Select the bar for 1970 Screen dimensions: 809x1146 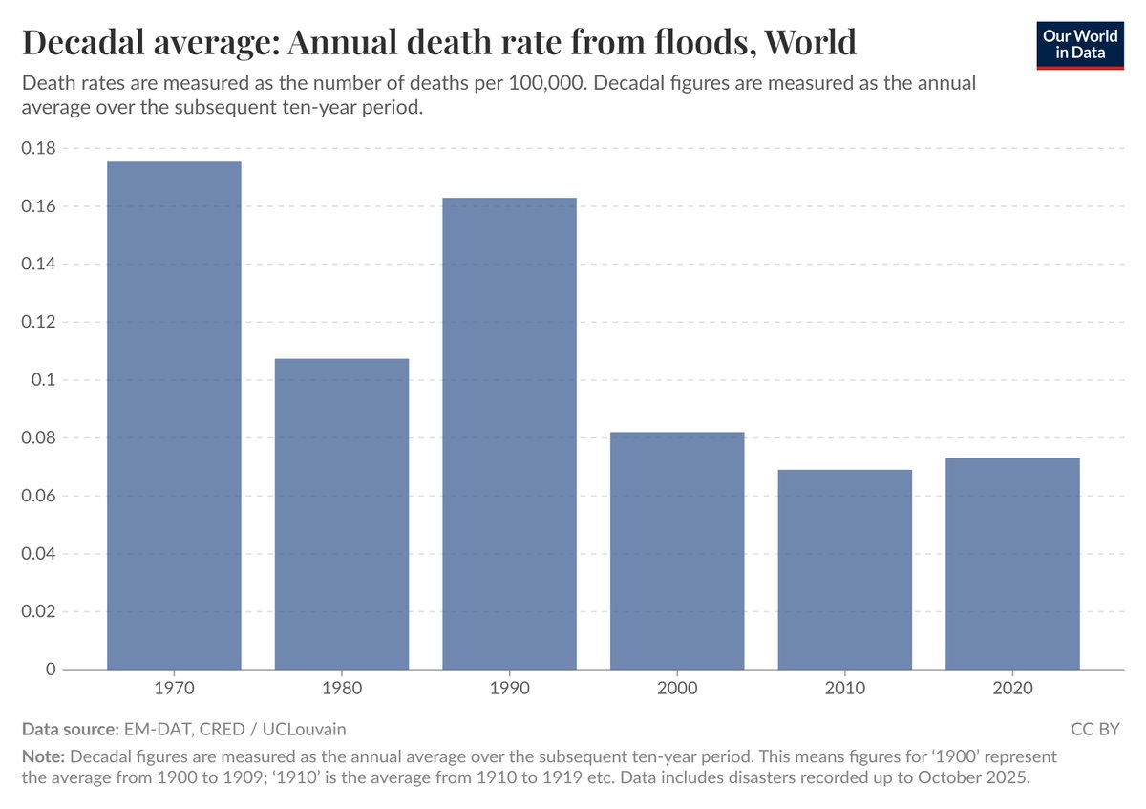pyautogui.click(x=174, y=415)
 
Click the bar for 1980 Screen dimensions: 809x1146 pyautogui.click(x=342, y=514)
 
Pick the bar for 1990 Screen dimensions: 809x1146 pyautogui.click(x=509, y=434)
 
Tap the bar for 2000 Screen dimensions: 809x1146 pyautogui.click(x=677, y=551)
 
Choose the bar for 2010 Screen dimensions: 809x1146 pyautogui.click(x=845, y=569)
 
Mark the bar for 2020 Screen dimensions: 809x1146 pyautogui.click(x=1012, y=564)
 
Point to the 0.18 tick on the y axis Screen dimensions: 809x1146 pyautogui.click(x=38, y=148)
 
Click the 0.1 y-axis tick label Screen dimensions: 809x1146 pyautogui.click(x=44, y=380)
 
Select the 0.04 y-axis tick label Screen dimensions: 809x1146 pyautogui.click(x=38, y=554)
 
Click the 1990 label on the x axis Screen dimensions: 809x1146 pyautogui.click(x=509, y=688)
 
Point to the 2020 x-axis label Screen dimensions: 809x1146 pyautogui.click(x=1012, y=688)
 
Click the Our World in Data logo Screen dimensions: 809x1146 pyautogui.click(x=1080, y=43)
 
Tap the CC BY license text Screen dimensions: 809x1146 pyautogui.click(x=1094, y=730)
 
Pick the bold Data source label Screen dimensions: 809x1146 pyautogui.click(x=70, y=730)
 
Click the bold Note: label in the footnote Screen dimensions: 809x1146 pyautogui.click(x=43, y=756)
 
